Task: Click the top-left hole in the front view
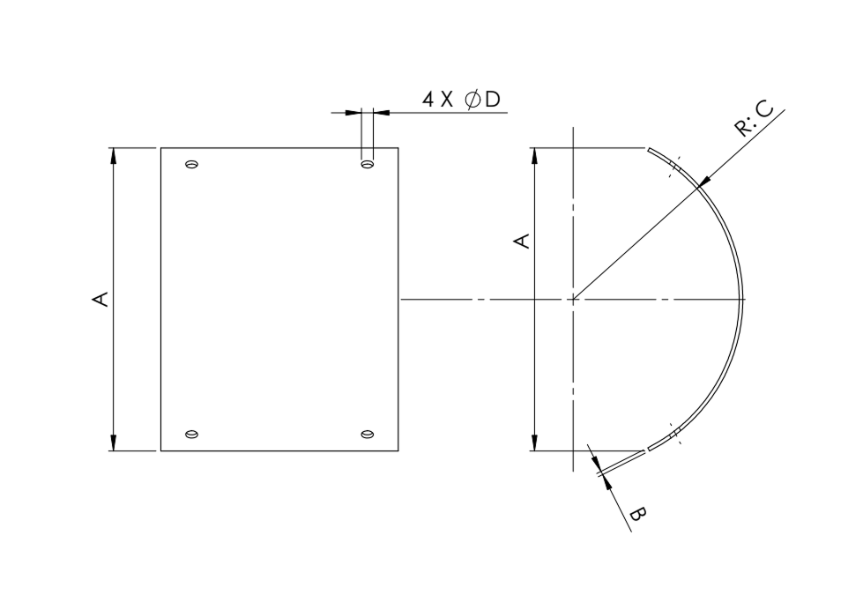click(191, 164)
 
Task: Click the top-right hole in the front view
click(367, 164)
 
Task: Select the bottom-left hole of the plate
click(191, 435)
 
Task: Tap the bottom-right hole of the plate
click(367, 435)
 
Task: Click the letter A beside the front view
click(100, 299)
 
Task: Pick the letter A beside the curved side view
click(522, 241)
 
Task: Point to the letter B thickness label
click(637, 515)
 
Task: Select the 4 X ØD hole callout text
click(461, 100)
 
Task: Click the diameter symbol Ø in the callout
click(472, 100)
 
